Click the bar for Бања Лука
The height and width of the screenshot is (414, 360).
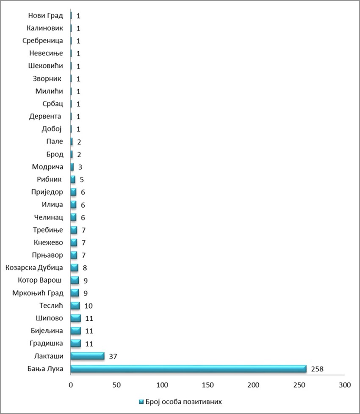pyautogui.click(x=188, y=369)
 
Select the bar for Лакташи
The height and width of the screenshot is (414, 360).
pyautogui.click(x=87, y=356)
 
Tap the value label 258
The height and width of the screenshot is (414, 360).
pyautogui.click(x=316, y=369)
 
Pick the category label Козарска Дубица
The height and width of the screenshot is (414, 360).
pyautogui.click(x=34, y=268)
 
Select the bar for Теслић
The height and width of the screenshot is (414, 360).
pyautogui.click(x=75, y=306)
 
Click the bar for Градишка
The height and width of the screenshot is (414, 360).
pyautogui.click(x=76, y=343)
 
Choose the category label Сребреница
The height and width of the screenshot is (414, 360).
pyautogui.click(x=42, y=41)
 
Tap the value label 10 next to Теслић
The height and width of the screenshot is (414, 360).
pyautogui.click(x=89, y=306)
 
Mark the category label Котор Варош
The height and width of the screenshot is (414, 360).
pyautogui.click(x=40, y=281)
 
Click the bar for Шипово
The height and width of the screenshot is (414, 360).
pyautogui.click(x=76, y=318)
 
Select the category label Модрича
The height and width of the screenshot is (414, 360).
pyautogui.click(x=47, y=167)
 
